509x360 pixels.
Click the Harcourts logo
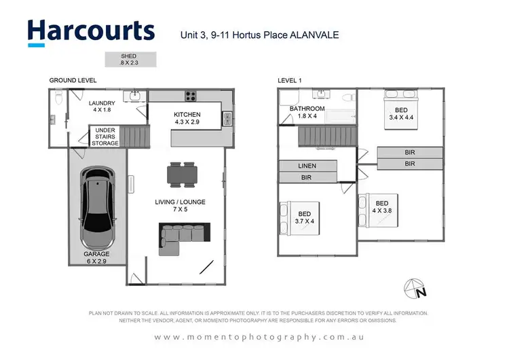tap(91, 31)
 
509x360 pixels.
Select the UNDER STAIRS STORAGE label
tap(107, 136)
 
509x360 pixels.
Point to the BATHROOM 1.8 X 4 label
tap(307, 112)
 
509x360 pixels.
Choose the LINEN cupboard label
tap(307, 166)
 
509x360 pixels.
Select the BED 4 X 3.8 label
tap(381, 206)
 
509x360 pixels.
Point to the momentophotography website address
tap(259, 337)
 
